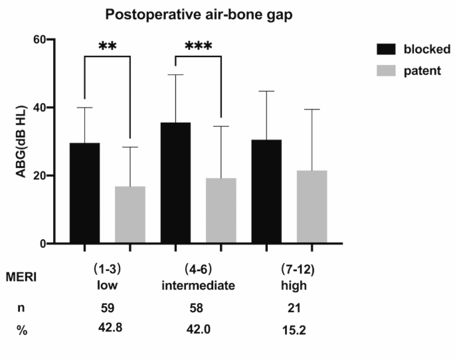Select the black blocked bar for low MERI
point(85,193)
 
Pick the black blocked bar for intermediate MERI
point(175,183)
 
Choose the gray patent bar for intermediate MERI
point(221,211)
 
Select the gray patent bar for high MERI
point(312,207)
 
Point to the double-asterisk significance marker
point(108,47)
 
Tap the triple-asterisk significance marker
point(198,47)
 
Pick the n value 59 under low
point(107,308)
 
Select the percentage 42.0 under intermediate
point(197,327)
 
